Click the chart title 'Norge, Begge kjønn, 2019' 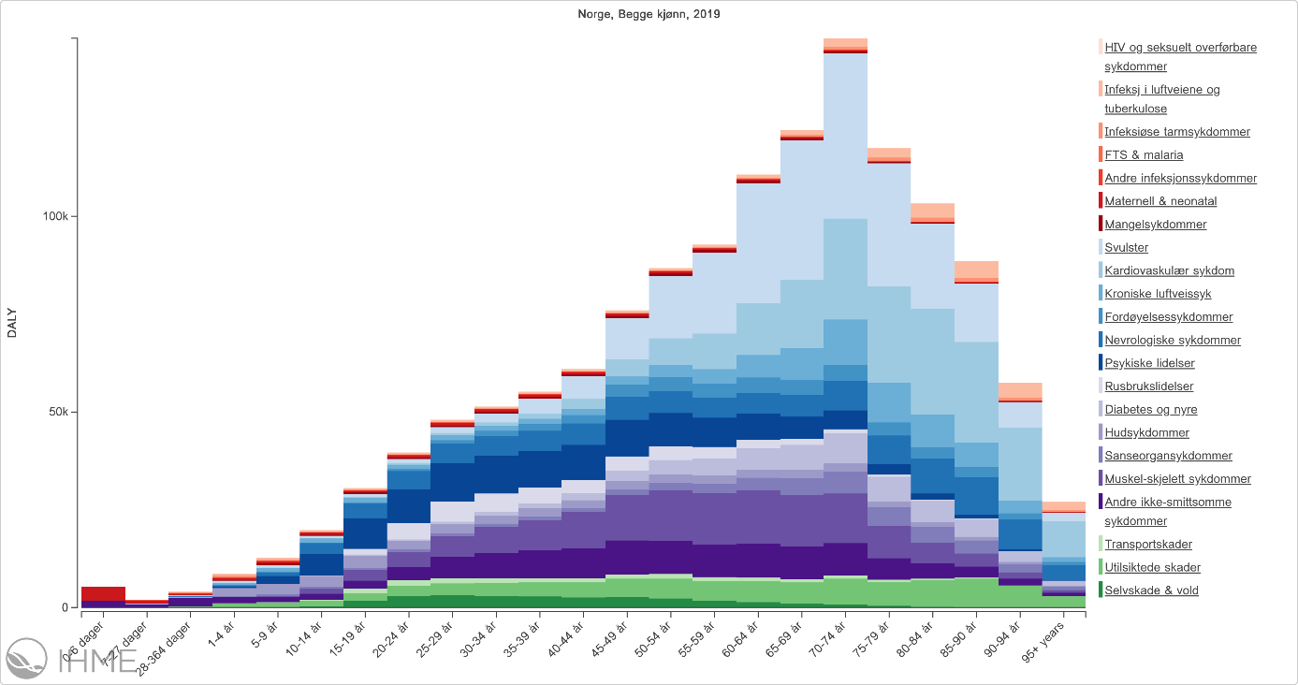tap(649, 14)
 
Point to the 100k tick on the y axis tap(59, 216)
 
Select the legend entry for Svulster tap(1126, 248)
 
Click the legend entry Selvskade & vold tap(1151, 590)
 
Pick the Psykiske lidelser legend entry tap(1149, 364)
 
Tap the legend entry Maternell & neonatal tap(1160, 201)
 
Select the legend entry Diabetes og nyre tap(1150, 410)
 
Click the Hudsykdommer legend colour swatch tap(1100, 433)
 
